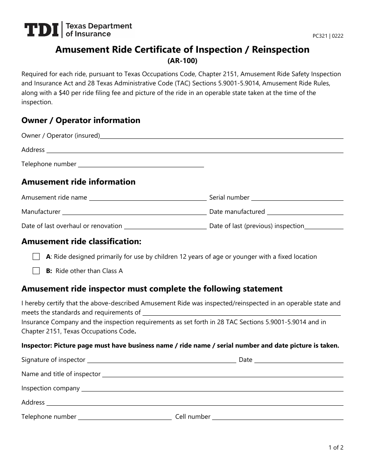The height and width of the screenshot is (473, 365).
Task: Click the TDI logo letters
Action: pos(41,30)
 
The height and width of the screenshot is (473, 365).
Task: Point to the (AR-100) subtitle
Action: pos(182,60)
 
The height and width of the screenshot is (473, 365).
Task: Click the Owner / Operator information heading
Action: pos(81,120)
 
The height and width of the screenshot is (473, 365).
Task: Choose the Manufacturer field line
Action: pos(134,212)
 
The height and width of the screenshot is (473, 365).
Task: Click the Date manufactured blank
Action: pos(305,212)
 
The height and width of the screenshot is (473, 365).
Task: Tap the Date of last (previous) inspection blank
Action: pos(324,227)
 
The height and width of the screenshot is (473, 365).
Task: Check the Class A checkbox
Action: pos(36,256)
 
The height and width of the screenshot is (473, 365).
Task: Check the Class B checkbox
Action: pos(36,271)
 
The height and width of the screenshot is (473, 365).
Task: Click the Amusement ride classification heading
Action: pos(81,242)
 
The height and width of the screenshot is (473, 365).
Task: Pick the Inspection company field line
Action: pos(212,389)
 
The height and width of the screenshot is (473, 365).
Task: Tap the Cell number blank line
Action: pos(278,417)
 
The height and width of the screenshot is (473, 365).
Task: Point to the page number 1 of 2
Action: pos(336,447)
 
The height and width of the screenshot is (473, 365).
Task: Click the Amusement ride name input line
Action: pos(148,198)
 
